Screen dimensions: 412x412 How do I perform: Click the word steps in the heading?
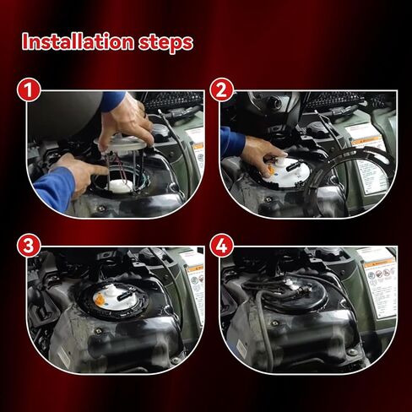[161, 42]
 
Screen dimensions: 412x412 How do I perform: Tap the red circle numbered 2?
[224, 90]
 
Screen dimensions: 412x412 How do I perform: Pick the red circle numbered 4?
[224, 247]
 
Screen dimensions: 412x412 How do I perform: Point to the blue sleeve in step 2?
[231, 142]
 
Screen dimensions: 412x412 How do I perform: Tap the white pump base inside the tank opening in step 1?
[122, 185]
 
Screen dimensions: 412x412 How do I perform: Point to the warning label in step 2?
[371, 160]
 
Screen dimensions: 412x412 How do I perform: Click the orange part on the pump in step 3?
[100, 298]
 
